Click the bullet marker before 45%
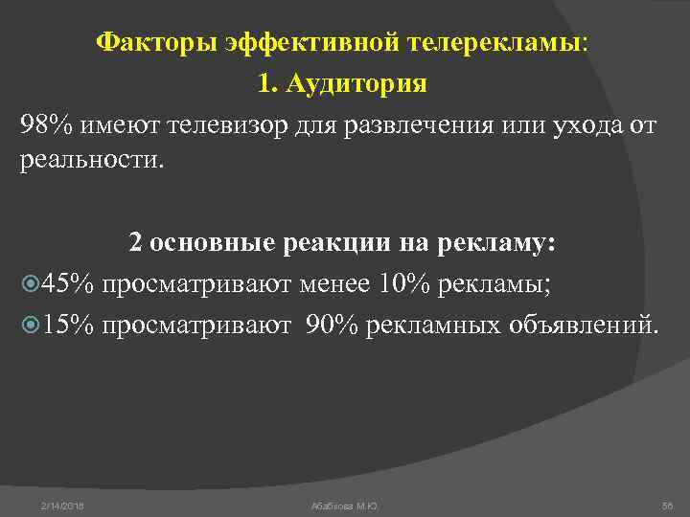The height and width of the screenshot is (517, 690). [28, 284]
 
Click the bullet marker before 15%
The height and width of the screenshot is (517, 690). [28, 325]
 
